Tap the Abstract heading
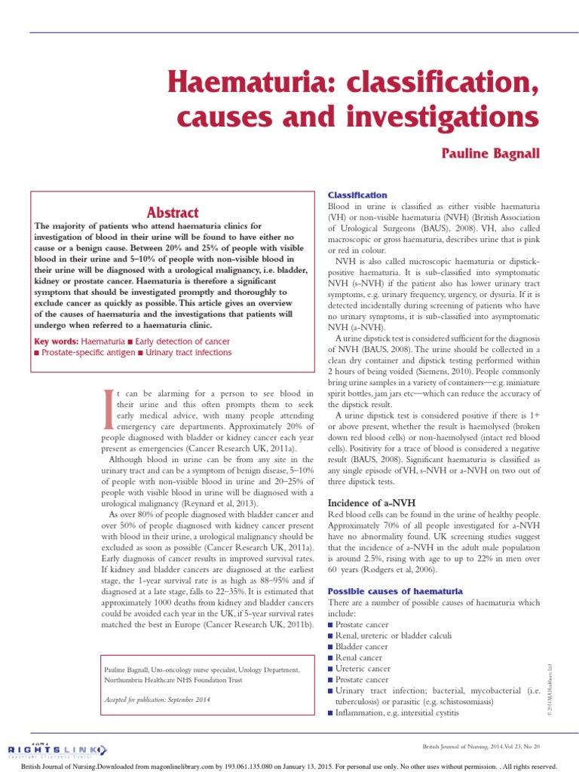coord(173,213)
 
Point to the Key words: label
coord(57,342)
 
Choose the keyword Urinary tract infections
coord(188,352)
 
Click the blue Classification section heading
coord(357,195)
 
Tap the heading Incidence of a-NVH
coord(370,502)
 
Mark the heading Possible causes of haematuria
coord(395,591)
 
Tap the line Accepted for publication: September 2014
coord(156,700)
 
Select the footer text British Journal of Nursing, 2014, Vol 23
coord(482,746)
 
